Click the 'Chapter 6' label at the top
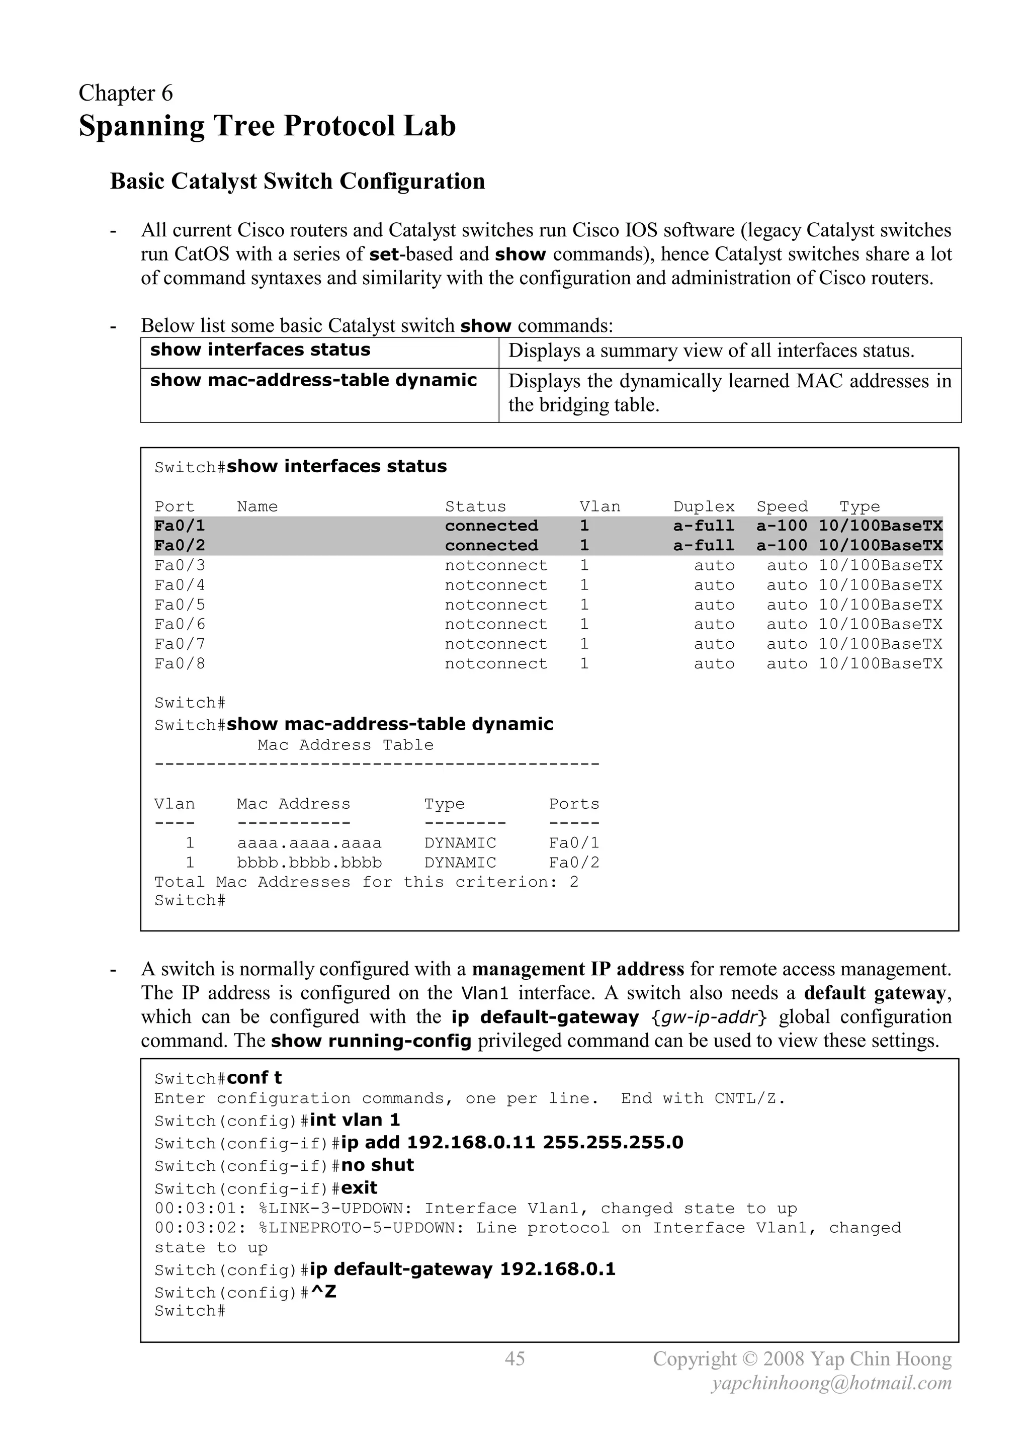coord(126,93)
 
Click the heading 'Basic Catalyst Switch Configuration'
coord(297,182)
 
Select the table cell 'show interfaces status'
coord(260,350)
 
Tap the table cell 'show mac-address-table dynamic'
coord(313,381)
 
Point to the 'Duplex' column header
coord(704,506)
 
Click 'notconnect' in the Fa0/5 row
coord(495,605)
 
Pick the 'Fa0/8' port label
coord(180,664)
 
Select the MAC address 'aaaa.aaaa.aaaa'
coord(309,843)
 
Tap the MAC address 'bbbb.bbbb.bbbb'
coord(309,863)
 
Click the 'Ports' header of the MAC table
coord(573,804)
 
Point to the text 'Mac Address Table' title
coord(345,745)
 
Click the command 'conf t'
coord(254,1078)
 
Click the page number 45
coord(514,1358)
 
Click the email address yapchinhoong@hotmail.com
coord(831,1383)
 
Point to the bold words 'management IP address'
coord(578,969)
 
